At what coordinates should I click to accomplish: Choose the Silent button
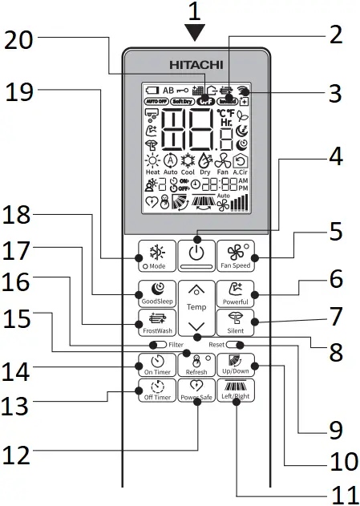click(237, 322)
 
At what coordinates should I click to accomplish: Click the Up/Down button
click(237, 365)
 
